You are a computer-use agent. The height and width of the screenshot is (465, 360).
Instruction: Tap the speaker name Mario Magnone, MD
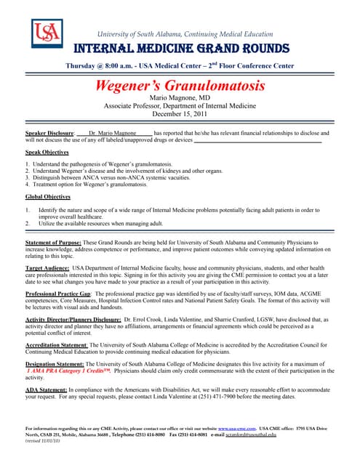tap(180, 98)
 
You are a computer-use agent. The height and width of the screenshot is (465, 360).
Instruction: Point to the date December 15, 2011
tap(180, 114)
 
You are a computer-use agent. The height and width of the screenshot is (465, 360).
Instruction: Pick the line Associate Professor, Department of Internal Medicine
tap(180, 106)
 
